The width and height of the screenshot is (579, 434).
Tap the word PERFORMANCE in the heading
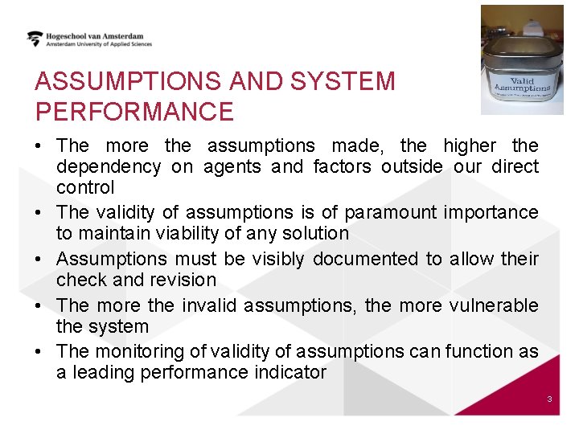click(134, 112)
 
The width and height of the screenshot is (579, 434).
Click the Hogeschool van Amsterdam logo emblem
click(35, 38)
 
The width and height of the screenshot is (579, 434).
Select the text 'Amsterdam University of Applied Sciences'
click(99, 45)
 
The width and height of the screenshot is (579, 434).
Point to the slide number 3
click(548, 399)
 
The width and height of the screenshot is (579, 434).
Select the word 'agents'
click(232, 166)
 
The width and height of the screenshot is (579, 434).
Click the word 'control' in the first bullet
click(85, 187)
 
